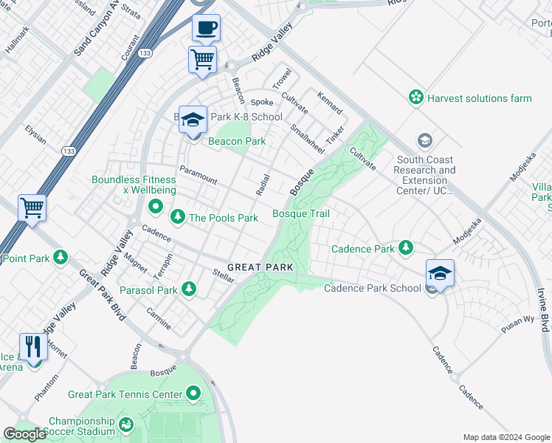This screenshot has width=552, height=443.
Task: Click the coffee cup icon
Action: point(206,29)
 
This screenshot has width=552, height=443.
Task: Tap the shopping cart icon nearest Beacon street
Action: point(202,59)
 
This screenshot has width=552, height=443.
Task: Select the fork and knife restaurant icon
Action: point(33,346)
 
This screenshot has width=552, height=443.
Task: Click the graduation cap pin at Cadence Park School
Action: point(440,274)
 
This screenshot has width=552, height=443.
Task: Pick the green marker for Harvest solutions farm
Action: point(416,97)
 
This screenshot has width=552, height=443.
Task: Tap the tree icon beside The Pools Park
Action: point(177,217)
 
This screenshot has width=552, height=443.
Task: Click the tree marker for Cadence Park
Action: point(405,248)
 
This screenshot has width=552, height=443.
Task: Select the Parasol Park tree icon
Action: point(189,289)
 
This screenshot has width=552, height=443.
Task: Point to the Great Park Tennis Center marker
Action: point(193,394)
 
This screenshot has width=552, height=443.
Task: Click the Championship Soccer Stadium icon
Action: point(126,425)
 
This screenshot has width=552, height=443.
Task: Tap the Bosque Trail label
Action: point(300,213)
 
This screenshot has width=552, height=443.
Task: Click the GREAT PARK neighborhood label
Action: point(261,267)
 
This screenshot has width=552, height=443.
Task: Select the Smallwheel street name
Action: point(307,138)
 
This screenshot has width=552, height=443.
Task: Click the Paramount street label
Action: point(199,175)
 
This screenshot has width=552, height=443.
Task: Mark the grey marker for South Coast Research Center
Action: point(424,140)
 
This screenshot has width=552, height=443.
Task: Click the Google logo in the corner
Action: point(25,434)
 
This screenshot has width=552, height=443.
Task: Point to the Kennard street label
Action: point(330,103)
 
